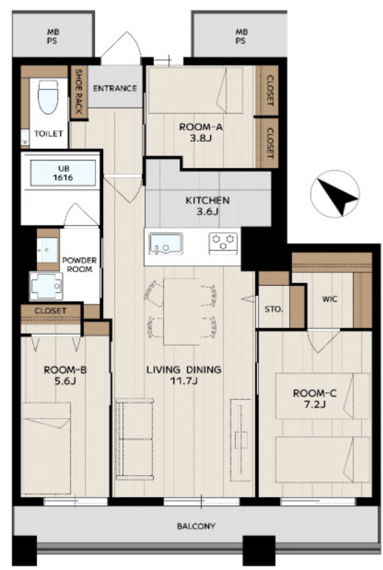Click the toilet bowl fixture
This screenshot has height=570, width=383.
point(48,97)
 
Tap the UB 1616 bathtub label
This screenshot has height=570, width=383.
point(63,173)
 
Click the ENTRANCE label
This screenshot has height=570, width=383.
point(114,88)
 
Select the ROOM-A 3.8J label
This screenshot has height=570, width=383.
point(201,133)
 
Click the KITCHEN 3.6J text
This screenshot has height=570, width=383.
point(207,206)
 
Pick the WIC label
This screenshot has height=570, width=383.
point(329,299)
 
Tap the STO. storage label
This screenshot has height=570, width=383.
point(273,310)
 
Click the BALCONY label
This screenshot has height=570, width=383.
point(196,526)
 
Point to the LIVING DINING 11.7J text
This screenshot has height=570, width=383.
point(184,375)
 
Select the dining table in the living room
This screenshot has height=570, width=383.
point(182,312)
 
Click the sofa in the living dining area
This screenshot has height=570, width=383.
point(134,438)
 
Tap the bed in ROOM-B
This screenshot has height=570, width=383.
point(46,448)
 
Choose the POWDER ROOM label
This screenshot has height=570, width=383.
point(79,265)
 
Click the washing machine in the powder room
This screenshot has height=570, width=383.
point(46,286)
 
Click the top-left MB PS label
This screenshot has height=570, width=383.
point(52,36)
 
